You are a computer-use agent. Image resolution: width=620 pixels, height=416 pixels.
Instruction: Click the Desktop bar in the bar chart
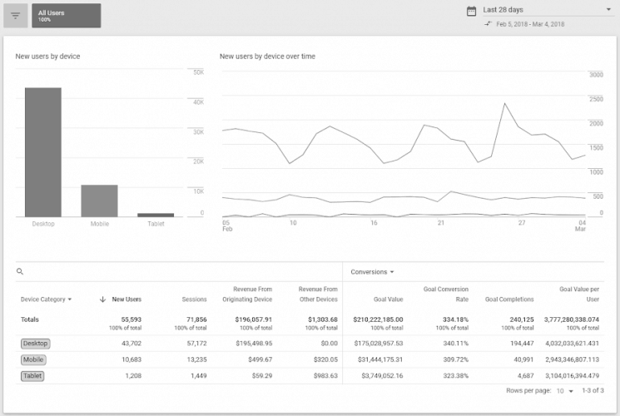click(x=42, y=152)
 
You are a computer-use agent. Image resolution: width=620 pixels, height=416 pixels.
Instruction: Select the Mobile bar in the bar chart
click(x=99, y=201)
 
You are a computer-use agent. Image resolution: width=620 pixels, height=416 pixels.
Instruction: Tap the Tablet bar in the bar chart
click(x=156, y=215)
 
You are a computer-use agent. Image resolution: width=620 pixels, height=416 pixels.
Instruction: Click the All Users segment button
click(x=67, y=15)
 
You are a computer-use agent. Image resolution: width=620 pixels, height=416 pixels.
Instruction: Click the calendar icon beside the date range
click(x=472, y=11)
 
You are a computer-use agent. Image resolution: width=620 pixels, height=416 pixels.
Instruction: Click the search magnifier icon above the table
click(x=20, y=272)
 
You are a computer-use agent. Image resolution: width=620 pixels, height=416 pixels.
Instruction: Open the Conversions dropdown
click(x=372, y=272)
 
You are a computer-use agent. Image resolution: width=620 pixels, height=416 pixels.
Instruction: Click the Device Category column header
click(x=46, y=299)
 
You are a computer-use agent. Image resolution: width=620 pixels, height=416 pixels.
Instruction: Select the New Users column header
click(x=125, y=299)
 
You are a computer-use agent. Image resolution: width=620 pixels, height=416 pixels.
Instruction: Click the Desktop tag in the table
click(x=35, y=343)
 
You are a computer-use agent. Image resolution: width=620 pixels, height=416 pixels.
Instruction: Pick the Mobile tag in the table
click(x=33, y=359)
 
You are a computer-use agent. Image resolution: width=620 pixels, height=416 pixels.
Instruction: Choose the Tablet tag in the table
click(x=32, y=375)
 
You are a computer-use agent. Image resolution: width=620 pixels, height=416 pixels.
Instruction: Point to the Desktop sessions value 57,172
click(x=191, y=343)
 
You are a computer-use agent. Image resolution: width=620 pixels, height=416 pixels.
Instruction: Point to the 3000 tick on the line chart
click(x=596, y=75)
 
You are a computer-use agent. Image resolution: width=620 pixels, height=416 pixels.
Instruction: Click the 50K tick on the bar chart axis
click(x=198, y=72)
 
